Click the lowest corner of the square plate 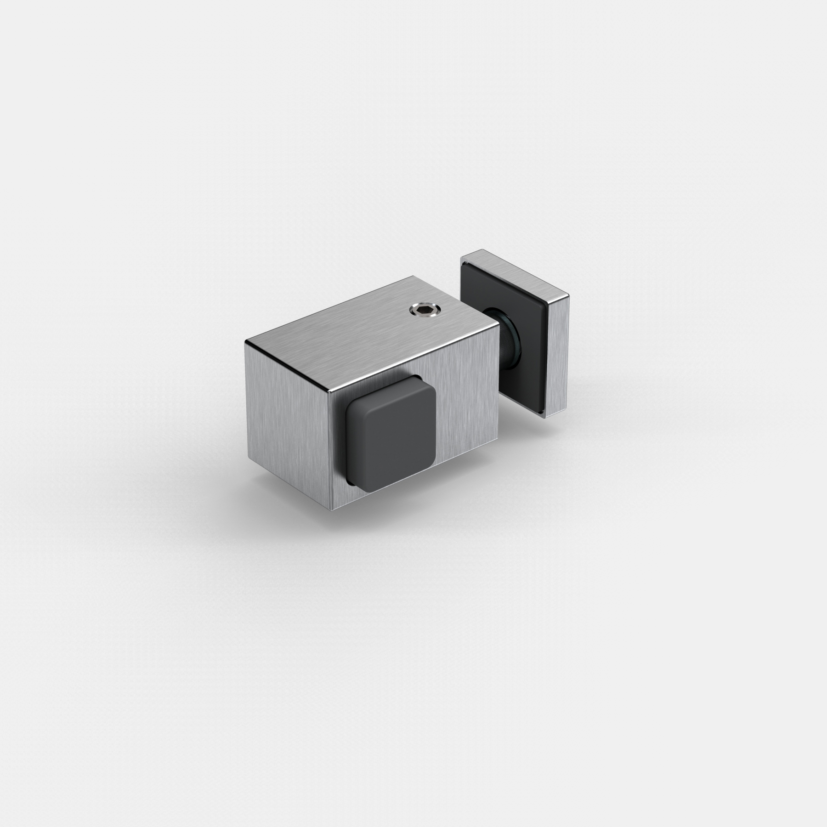pyautogui.click(x=544, y=418)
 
